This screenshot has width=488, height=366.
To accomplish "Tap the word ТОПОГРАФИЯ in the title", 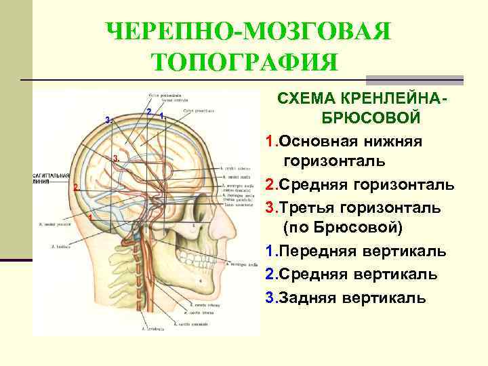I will [244, 64].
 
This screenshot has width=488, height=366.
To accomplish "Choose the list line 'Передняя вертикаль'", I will [363, 251].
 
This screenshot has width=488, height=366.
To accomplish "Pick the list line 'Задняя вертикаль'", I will [352, 297].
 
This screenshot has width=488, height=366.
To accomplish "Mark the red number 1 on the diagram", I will [89, 216].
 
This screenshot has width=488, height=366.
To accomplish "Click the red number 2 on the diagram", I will [76, 186].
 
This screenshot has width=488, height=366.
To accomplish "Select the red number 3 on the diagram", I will [116, 158].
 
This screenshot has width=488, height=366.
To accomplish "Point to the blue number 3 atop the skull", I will [107, 119].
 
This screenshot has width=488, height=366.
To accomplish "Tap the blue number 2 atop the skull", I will [148, 111].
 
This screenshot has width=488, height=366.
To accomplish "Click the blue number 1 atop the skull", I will [161, 117].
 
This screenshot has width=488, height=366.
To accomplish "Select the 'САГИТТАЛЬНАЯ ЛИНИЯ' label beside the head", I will [51, 178].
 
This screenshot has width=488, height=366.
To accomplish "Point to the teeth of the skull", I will [191, 255].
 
